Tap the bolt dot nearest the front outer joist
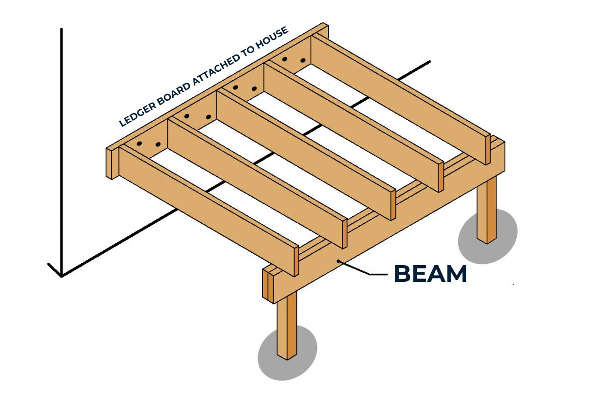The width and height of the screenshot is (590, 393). point(139,144)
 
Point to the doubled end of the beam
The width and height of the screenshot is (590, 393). point(268,284)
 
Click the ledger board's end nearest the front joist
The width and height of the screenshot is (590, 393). point(110,163)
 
